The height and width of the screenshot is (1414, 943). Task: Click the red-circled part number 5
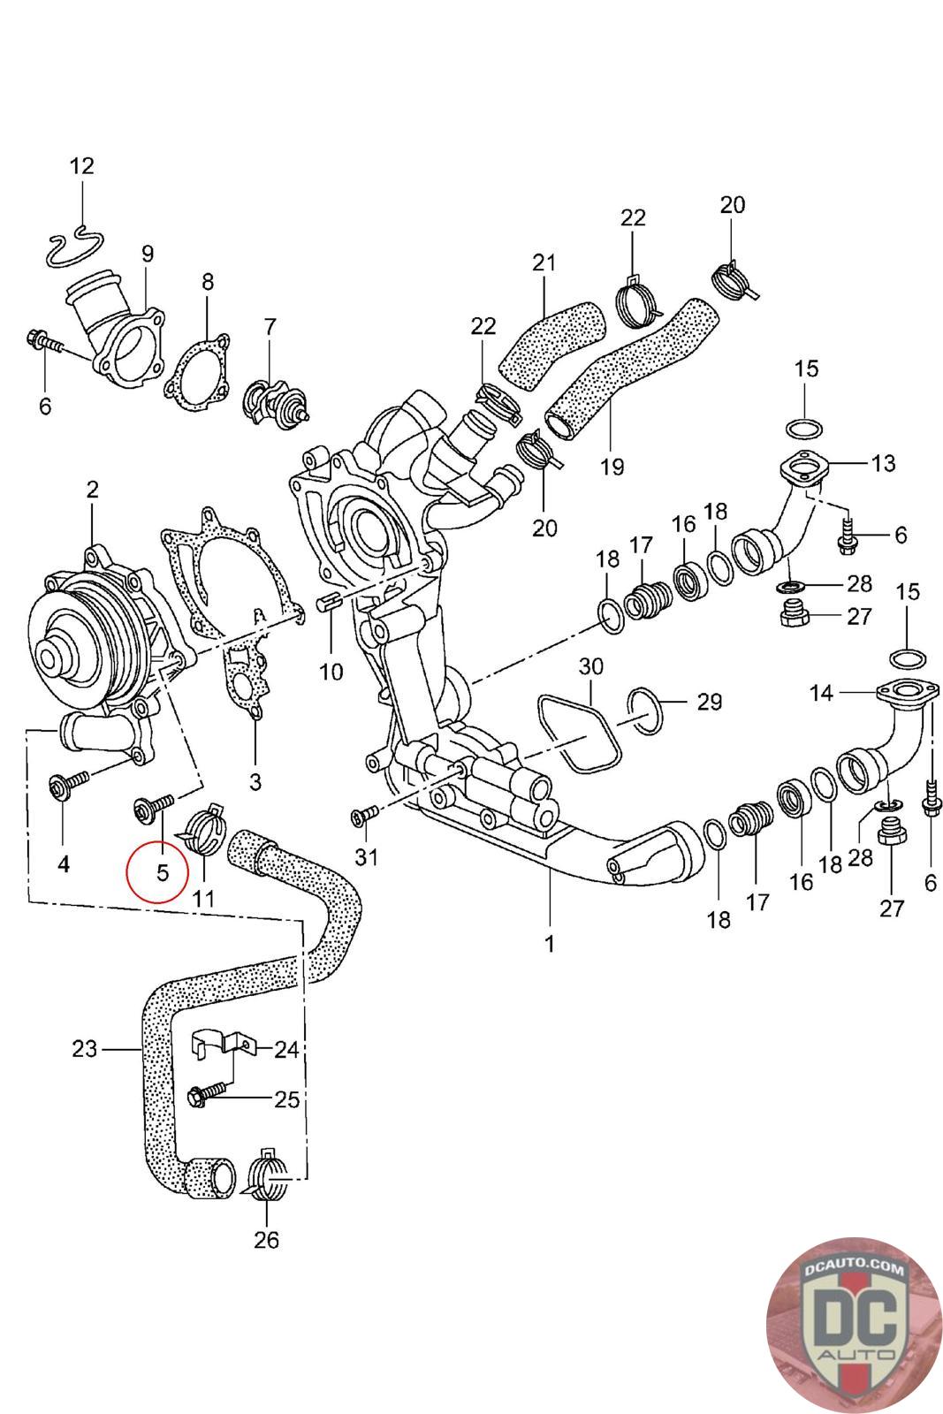click(x=163, y=872)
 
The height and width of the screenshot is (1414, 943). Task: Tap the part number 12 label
click(x=82, y=166)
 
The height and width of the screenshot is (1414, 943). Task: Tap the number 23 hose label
click(x=84, y=1049)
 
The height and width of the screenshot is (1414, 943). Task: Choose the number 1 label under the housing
click(x=550, y=944)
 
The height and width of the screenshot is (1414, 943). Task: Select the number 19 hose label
click(x=612, y=467)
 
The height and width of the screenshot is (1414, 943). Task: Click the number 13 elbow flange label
click(x=882, y=463)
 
